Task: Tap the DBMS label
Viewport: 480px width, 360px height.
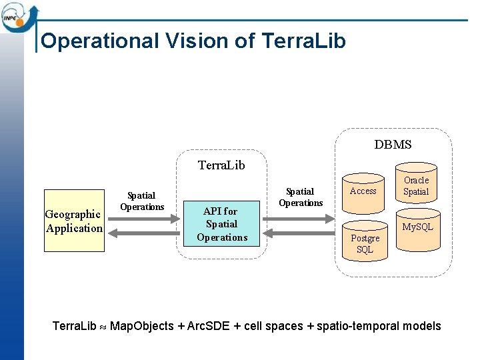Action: coord(393,145)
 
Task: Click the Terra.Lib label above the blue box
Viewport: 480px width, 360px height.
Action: coord(221,165)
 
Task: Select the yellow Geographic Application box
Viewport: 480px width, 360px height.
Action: coord(74,221)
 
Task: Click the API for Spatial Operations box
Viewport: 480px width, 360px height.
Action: coord(222,224)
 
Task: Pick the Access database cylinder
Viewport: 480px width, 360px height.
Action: coord(363,193)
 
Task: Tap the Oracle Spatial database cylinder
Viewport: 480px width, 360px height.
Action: coord(416,186)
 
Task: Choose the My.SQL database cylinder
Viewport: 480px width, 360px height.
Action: coord(418,230)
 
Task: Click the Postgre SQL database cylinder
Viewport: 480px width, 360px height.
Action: coord(365,242)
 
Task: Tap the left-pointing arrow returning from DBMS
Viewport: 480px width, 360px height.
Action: coord(299,232)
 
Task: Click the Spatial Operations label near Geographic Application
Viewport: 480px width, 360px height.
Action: coord(142,201)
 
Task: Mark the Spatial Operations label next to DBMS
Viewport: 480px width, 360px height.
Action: coord(301,197)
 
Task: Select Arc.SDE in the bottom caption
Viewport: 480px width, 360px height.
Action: coord(209,326)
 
